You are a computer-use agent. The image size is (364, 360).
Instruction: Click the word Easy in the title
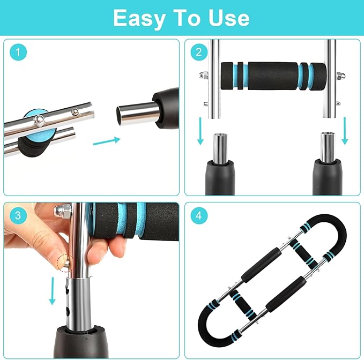[x=141, y=18]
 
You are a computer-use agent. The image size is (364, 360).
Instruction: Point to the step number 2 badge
[x=198, y=52]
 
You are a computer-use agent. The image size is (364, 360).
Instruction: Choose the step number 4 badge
[x=198, y=216]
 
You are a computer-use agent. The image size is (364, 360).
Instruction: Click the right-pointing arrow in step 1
[x=107, y=141]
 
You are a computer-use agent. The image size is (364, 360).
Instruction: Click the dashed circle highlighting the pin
[x=64, y=261]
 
